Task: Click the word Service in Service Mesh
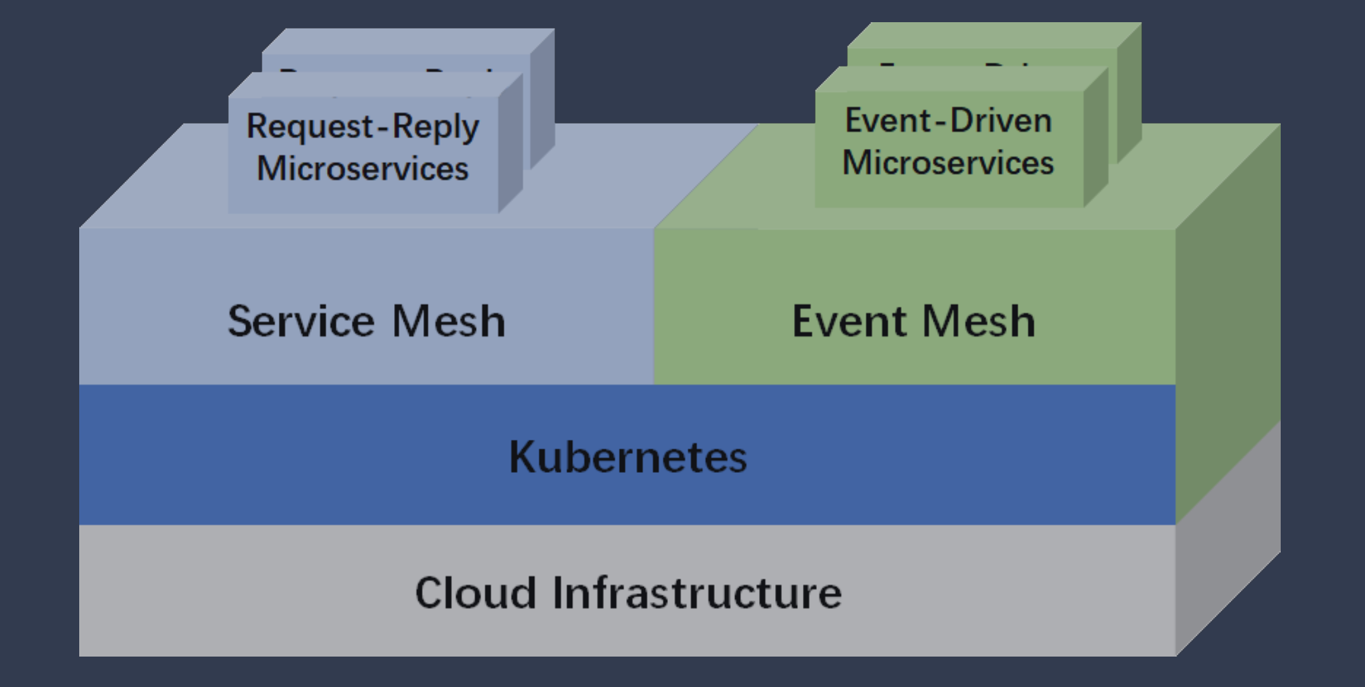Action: point(301,321)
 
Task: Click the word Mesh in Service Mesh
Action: point(448,321)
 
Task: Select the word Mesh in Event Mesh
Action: point(978,321)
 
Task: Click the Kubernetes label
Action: point(627,457)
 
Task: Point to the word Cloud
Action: point(475,593)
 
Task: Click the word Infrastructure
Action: point(696,593)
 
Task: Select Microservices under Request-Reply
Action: point(362,169)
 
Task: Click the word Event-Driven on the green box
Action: point(948,120)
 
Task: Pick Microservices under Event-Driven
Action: point(948,163)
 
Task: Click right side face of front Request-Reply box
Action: point(510,146)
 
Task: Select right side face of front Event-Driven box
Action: point(1096,139)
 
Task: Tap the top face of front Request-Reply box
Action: point(374,85)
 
